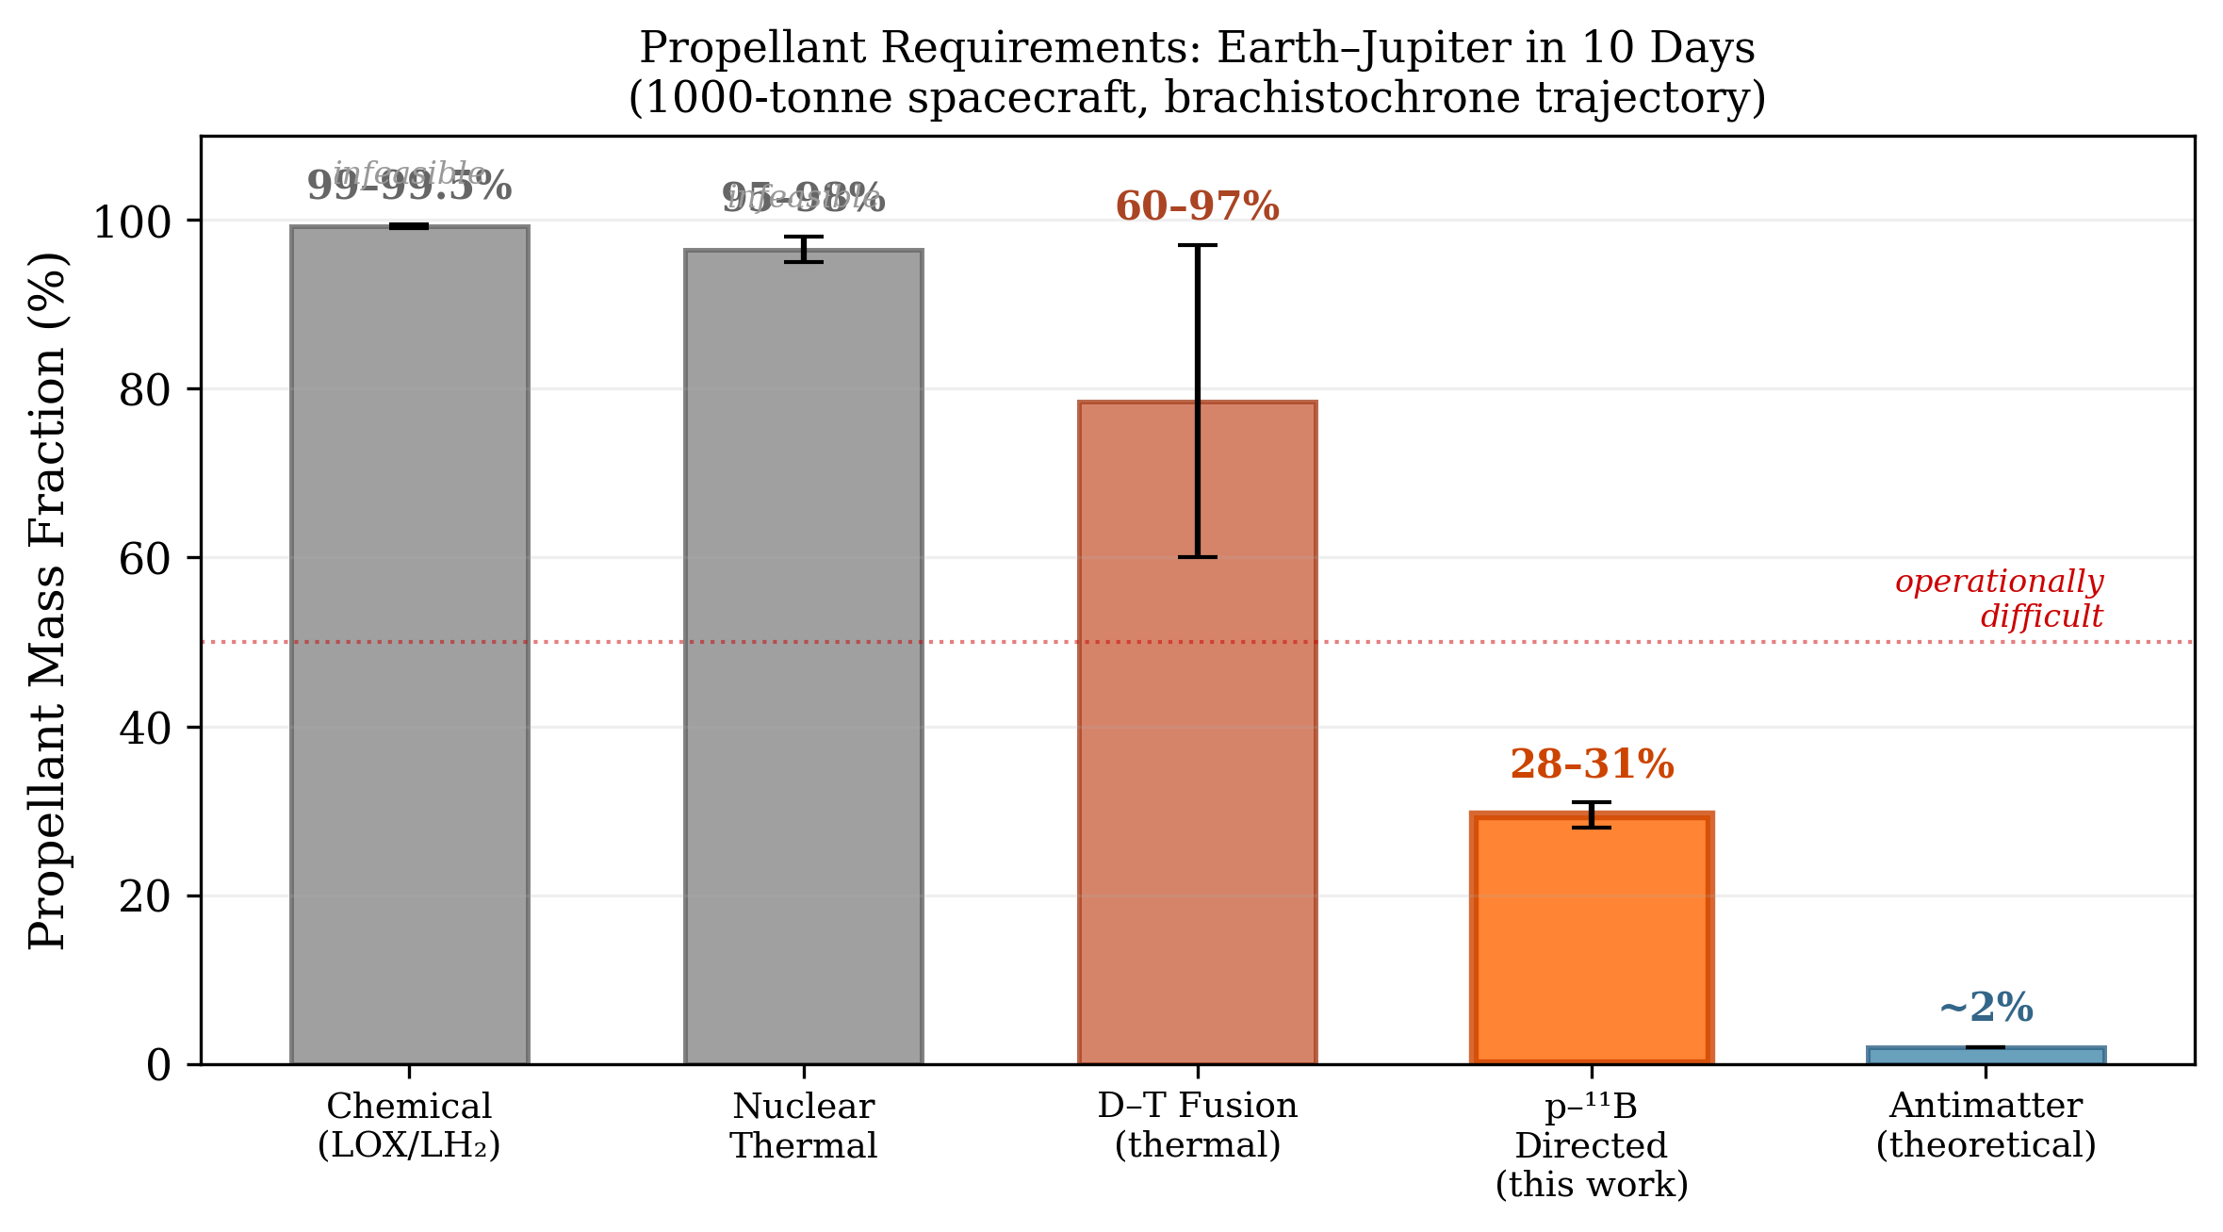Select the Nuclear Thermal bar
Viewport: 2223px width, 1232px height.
coord(803,660)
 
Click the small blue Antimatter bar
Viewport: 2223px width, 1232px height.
coord(1986,1055)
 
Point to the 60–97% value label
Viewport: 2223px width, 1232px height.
coord(1197,206)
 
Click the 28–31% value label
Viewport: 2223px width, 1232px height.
coord(1592,764)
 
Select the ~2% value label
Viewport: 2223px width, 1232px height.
coord(1986,1008)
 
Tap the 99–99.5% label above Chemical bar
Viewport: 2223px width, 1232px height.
coord(409,186)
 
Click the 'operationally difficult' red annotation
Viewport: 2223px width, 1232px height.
coord(1999,599)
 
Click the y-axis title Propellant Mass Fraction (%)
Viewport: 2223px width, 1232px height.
coord(47,600)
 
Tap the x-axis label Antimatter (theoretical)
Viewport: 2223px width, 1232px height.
coord(1986,1125)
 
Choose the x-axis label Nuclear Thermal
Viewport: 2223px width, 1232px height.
coord(803,1125)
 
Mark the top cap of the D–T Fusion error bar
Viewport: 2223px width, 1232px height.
coord(1197,245)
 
